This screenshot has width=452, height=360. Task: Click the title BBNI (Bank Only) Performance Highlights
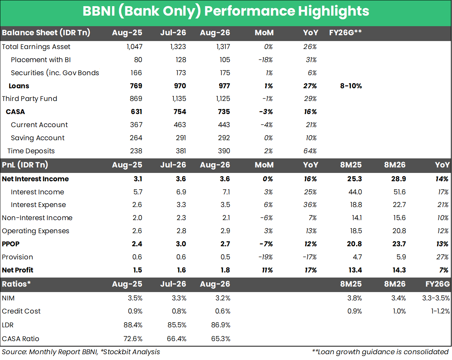[226, 11]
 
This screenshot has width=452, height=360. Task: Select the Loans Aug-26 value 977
[224, 86]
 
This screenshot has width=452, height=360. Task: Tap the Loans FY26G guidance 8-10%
[351, 86]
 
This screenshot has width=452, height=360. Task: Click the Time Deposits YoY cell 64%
[310, 151]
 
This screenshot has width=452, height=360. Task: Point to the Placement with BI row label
[41, 60]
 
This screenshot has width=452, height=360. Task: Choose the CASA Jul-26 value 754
[180, 112]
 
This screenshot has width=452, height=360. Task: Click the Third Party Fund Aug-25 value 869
[136, 98]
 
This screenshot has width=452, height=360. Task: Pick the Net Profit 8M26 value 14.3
[399, 270]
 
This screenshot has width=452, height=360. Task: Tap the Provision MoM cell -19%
[266, 257]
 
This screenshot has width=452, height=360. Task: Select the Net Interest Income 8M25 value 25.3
[354, 179]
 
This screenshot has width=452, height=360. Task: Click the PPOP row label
[11, 244]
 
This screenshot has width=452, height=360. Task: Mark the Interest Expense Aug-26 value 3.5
[225, 205]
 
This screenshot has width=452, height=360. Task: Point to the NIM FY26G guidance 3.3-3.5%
[436, 298]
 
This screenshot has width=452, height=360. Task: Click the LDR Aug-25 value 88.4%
[133, 325]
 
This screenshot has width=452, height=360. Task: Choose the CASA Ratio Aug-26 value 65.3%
[221, 339]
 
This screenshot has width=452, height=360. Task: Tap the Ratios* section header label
[16, 284]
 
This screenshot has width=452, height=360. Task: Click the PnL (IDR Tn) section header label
[25, 165]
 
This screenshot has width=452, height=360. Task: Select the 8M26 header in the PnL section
[395, 165]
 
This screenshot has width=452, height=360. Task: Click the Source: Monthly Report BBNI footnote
[81, 352]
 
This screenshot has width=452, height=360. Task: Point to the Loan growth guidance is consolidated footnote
[380, 352]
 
